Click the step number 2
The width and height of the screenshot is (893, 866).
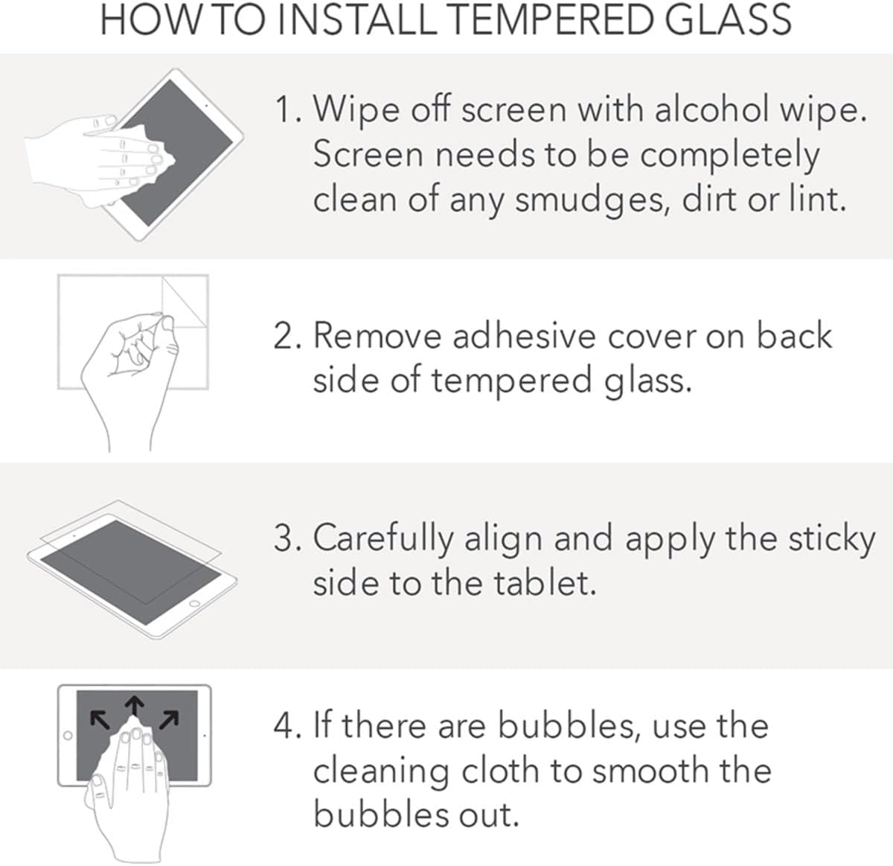click(286, 336)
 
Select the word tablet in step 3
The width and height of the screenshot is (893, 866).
click(544, 582)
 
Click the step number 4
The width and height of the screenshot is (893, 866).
click(286, 726)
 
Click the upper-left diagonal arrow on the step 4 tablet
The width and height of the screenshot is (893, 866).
click(97, 719)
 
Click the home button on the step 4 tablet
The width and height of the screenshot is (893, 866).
click(67, 736)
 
